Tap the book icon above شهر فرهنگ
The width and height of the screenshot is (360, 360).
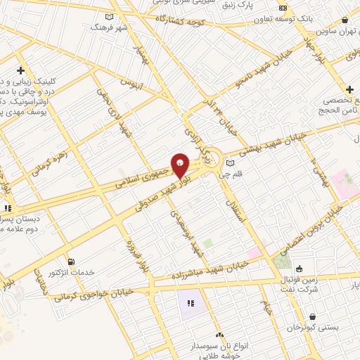click(x=108, y=17)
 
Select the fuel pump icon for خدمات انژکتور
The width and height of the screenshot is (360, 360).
click(x=70, y=262)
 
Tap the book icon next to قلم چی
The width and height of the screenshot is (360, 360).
click(x=230, y=163)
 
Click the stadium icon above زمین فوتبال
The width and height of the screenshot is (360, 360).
click(x=299, y=268)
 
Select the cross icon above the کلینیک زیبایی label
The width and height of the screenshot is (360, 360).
click(x=20, y=71)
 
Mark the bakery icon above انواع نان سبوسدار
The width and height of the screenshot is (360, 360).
click(x=219, y=335)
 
